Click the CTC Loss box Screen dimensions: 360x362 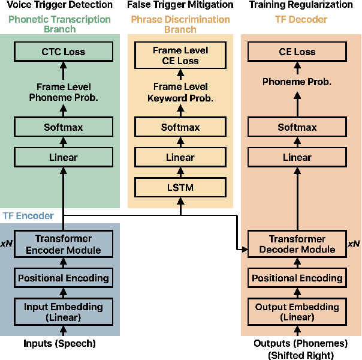click(x=64, y=52)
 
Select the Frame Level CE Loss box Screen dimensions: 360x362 click(x=180, y=56)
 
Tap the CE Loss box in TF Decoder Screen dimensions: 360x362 click(x=297, y=52)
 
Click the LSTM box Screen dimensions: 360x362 click(x=180, y=188)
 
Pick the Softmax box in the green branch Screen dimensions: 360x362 click(x=64, y=127)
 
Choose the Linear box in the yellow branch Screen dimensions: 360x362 click(x=180, y=157)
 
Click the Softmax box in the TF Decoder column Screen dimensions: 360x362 click(x=297, y=127)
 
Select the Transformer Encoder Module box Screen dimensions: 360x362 click(x=64, y=244)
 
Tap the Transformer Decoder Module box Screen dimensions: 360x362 click(x=297, y=244)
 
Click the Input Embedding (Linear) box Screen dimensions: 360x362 click(x=64, y=311)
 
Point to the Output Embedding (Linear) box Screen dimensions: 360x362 click(x=297, y=311)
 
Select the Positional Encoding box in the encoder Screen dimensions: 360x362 click(x=64, y=278)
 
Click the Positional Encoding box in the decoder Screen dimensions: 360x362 click(x=297, y=278)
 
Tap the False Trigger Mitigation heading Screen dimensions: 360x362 click(x=180, y=5)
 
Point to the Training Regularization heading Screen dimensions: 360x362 click(x=301, y=5)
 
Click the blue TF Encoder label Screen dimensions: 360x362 click(x=28, y=215)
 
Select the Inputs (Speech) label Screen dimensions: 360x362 click(x=59, y=344)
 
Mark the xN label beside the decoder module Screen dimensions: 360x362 click(x=354, y=244)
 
